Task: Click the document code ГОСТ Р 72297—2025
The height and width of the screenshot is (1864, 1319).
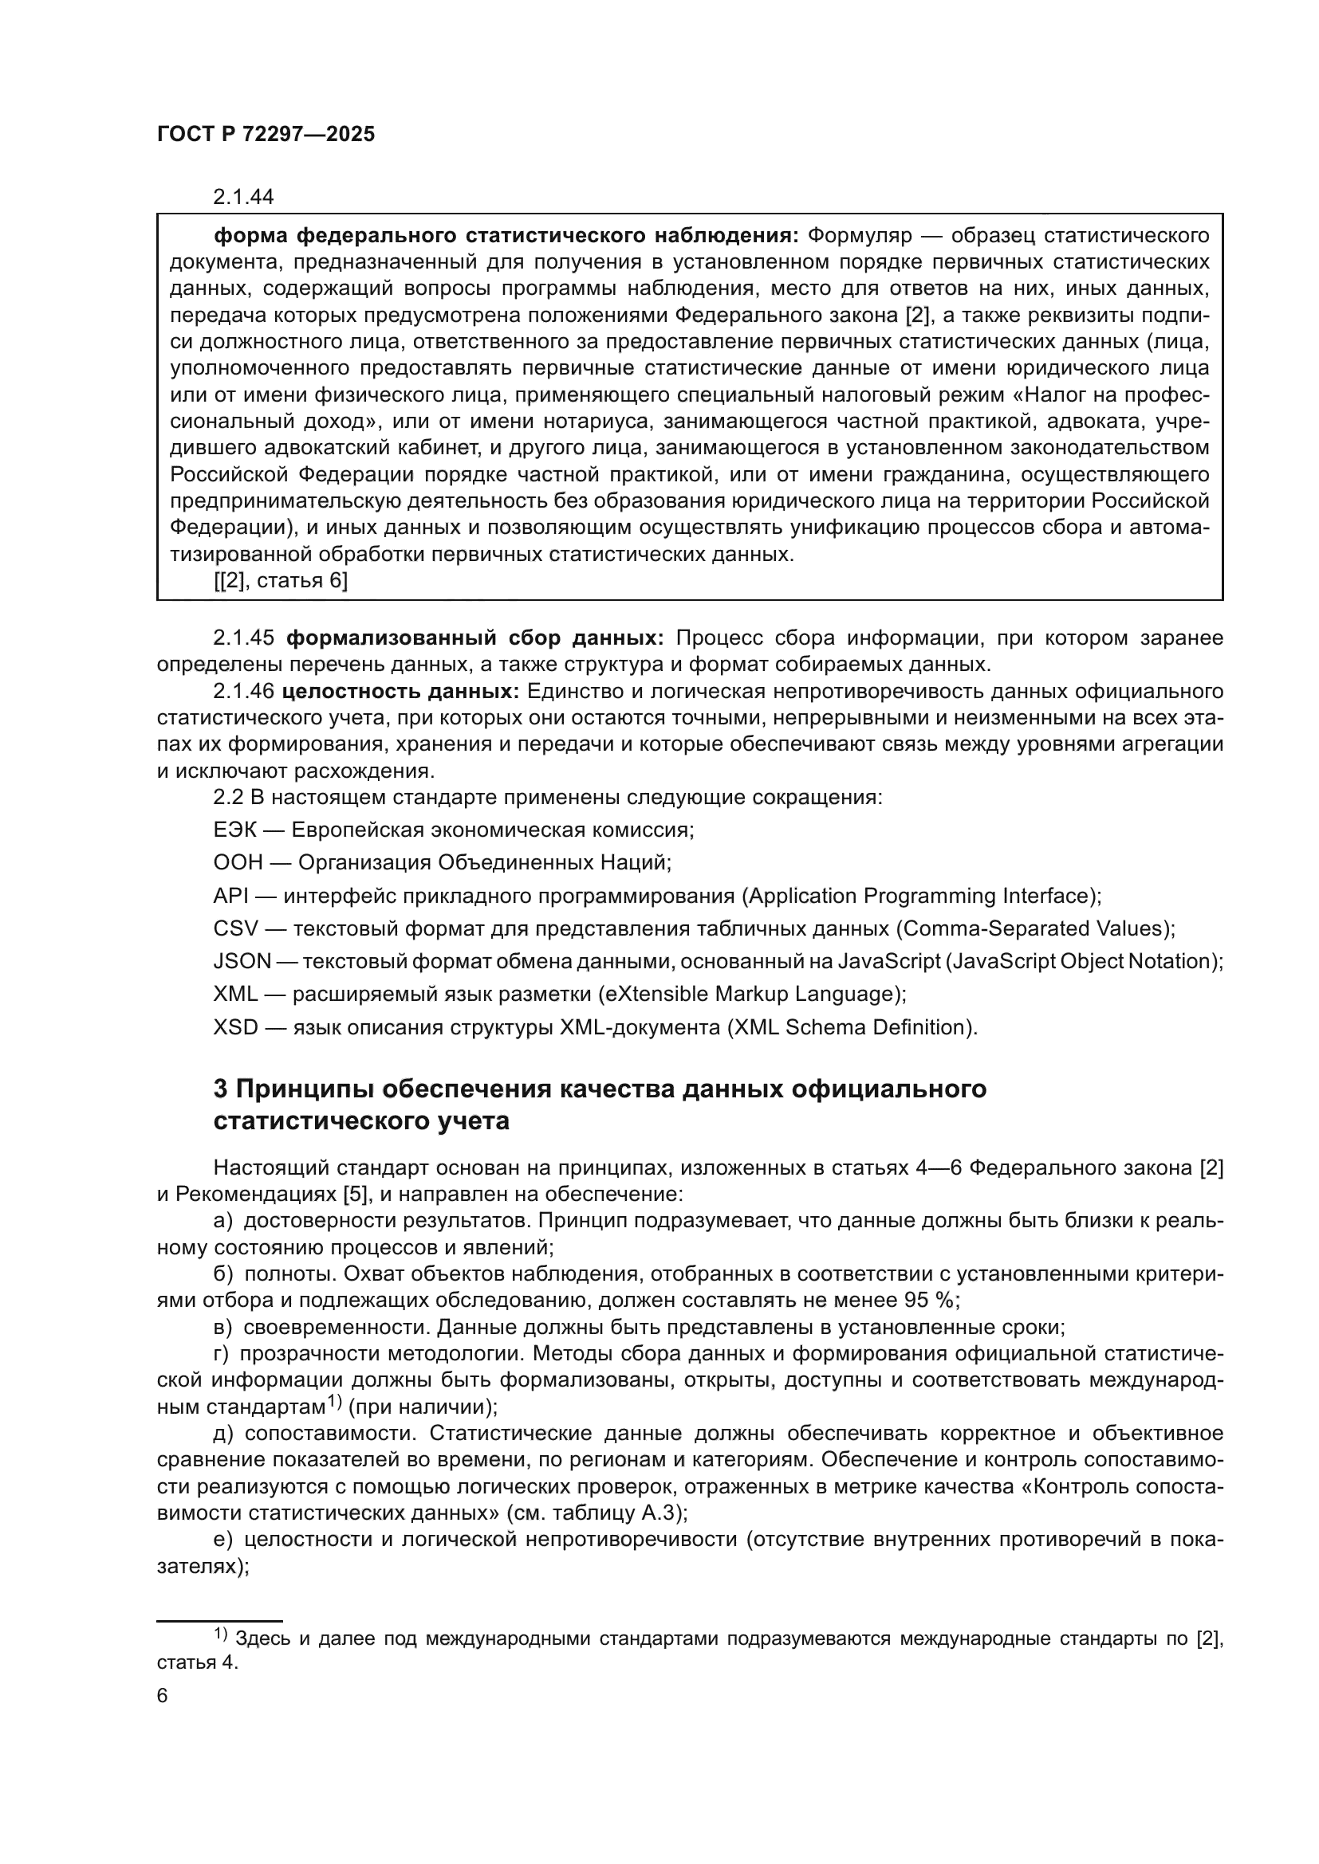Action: [266, 135]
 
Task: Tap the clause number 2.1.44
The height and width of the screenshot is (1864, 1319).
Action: [243, 197]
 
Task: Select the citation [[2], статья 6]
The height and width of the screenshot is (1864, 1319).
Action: [280, 580]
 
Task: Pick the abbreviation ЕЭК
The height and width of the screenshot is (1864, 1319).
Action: [234, 830]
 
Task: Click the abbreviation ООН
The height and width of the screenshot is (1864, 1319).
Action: [238, 862]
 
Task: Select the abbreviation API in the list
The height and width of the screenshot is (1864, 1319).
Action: [230, 896]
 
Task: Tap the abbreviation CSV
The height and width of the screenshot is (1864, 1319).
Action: [234, 928]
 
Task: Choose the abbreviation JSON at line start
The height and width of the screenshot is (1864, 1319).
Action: [242, 961]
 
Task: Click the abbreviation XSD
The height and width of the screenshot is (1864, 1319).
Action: [234, 1027]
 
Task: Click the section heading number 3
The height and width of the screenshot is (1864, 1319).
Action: [221, 1089]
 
